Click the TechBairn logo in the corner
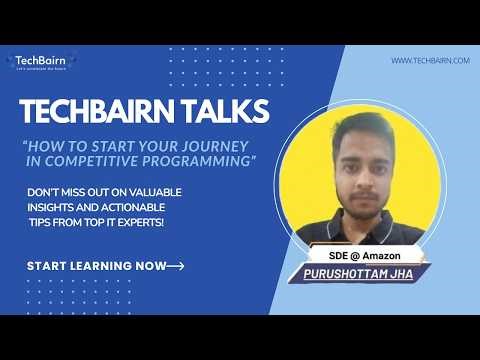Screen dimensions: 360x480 pos(41,63)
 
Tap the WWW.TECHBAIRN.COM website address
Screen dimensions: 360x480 pos(429,61)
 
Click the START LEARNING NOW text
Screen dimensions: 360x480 pos(94,266)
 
